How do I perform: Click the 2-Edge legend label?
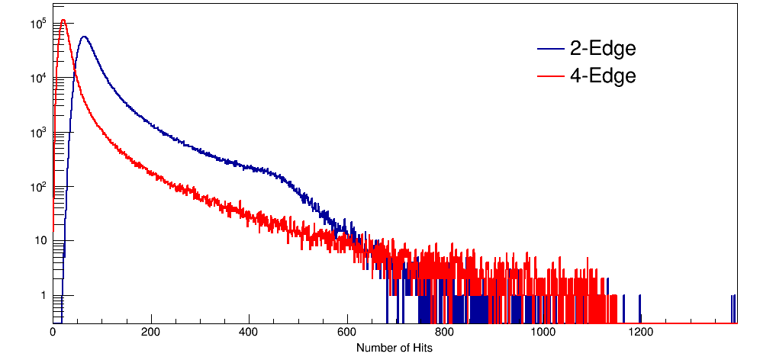[602, 49]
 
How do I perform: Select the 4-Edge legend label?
[602, 76]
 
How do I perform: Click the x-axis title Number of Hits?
[394, 347]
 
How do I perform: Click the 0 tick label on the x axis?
[53, 333]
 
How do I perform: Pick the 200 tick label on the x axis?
[151, 333]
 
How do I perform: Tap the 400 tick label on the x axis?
[250, 333]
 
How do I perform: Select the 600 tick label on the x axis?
[347, 333]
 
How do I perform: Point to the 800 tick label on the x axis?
[445, 333]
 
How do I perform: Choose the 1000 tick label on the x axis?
[543, 333]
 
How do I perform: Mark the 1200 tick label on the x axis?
[640, 333]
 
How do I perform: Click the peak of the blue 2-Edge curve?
[83, 37]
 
